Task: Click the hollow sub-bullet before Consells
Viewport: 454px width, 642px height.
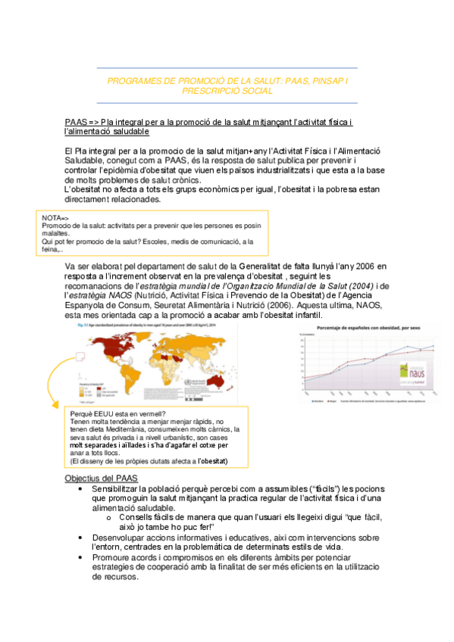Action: pos(109,517)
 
